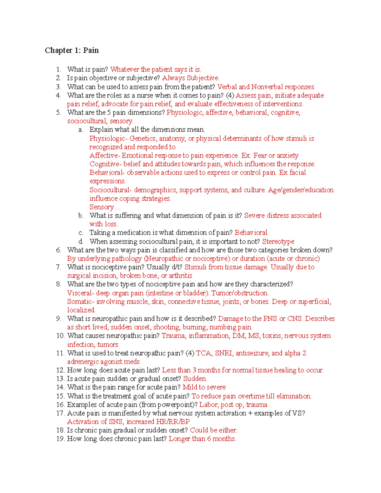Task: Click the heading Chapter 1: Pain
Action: [72, 50]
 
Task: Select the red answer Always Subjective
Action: [190, 78]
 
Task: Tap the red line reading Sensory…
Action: [105, 207]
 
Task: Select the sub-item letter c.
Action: [81, 233]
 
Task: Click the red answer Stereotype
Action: [278, 242]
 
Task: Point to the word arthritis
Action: [180, 276]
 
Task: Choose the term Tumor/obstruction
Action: [240, 293]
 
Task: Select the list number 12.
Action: [60, 370]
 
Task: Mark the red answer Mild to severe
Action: [204, 387]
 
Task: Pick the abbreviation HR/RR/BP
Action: [173, 422]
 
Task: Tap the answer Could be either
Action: [213, 430]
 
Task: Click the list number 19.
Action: [60, 439]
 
